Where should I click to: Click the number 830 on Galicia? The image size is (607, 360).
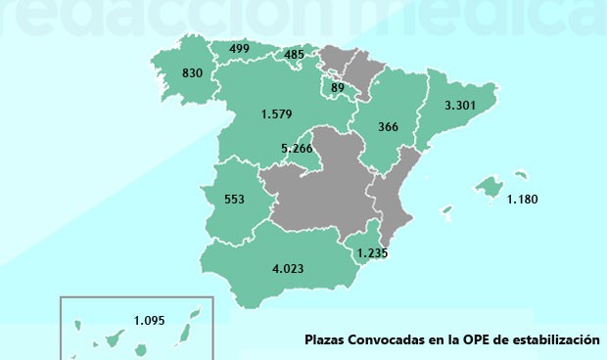[191, 73]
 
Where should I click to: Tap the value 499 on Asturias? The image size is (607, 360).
[239, 49]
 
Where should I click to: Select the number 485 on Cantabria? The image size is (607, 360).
[295, 55]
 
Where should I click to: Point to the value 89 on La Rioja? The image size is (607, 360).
[338, 89]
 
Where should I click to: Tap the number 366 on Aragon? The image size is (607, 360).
[389, 126]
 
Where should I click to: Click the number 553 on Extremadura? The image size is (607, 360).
[234, 200]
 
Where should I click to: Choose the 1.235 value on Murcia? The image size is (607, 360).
[373, 253]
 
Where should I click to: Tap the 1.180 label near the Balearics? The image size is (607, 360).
[522, 201]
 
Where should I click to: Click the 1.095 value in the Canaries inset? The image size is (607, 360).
[151, 320]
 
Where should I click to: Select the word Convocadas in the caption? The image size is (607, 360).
[388, 341]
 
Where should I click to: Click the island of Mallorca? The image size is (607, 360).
[488, 185]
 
